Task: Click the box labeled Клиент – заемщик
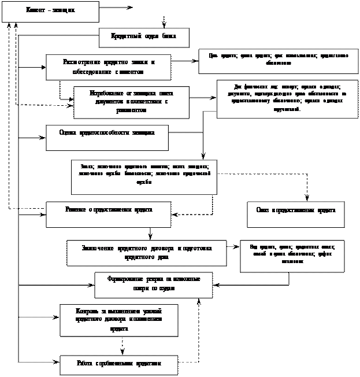click(50, 12)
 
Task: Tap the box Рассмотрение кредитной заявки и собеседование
click(109, 66)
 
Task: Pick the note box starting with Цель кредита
click(278, 61)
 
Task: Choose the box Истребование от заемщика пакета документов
click(131, 102)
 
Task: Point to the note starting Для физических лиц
click(287, 98)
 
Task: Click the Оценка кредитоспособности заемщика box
click(107, 137)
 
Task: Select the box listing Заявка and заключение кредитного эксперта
click(144, 177)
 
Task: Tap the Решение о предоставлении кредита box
click(109, 213)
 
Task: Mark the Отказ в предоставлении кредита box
click(295, 213)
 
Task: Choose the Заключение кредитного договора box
click(146, 252)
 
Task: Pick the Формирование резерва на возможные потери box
click(153, 284)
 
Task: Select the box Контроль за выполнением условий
click(118, 320)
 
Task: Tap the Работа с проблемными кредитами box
click(118, 364)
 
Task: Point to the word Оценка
click(68, 132)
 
